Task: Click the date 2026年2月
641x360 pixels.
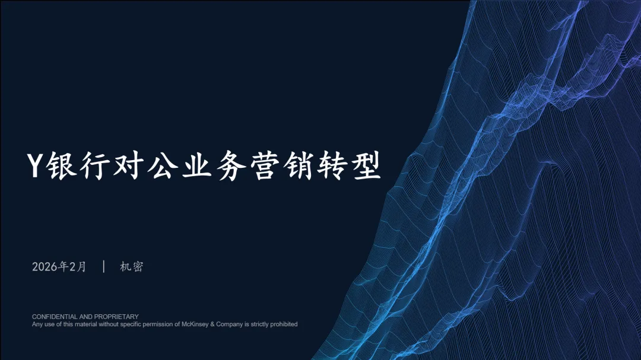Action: (x=59, y=267)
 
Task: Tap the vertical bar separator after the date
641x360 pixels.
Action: (x=104, y=266)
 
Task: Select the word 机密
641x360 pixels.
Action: (x=132, y=267)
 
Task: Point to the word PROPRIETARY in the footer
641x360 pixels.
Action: (x=116, y=317)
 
